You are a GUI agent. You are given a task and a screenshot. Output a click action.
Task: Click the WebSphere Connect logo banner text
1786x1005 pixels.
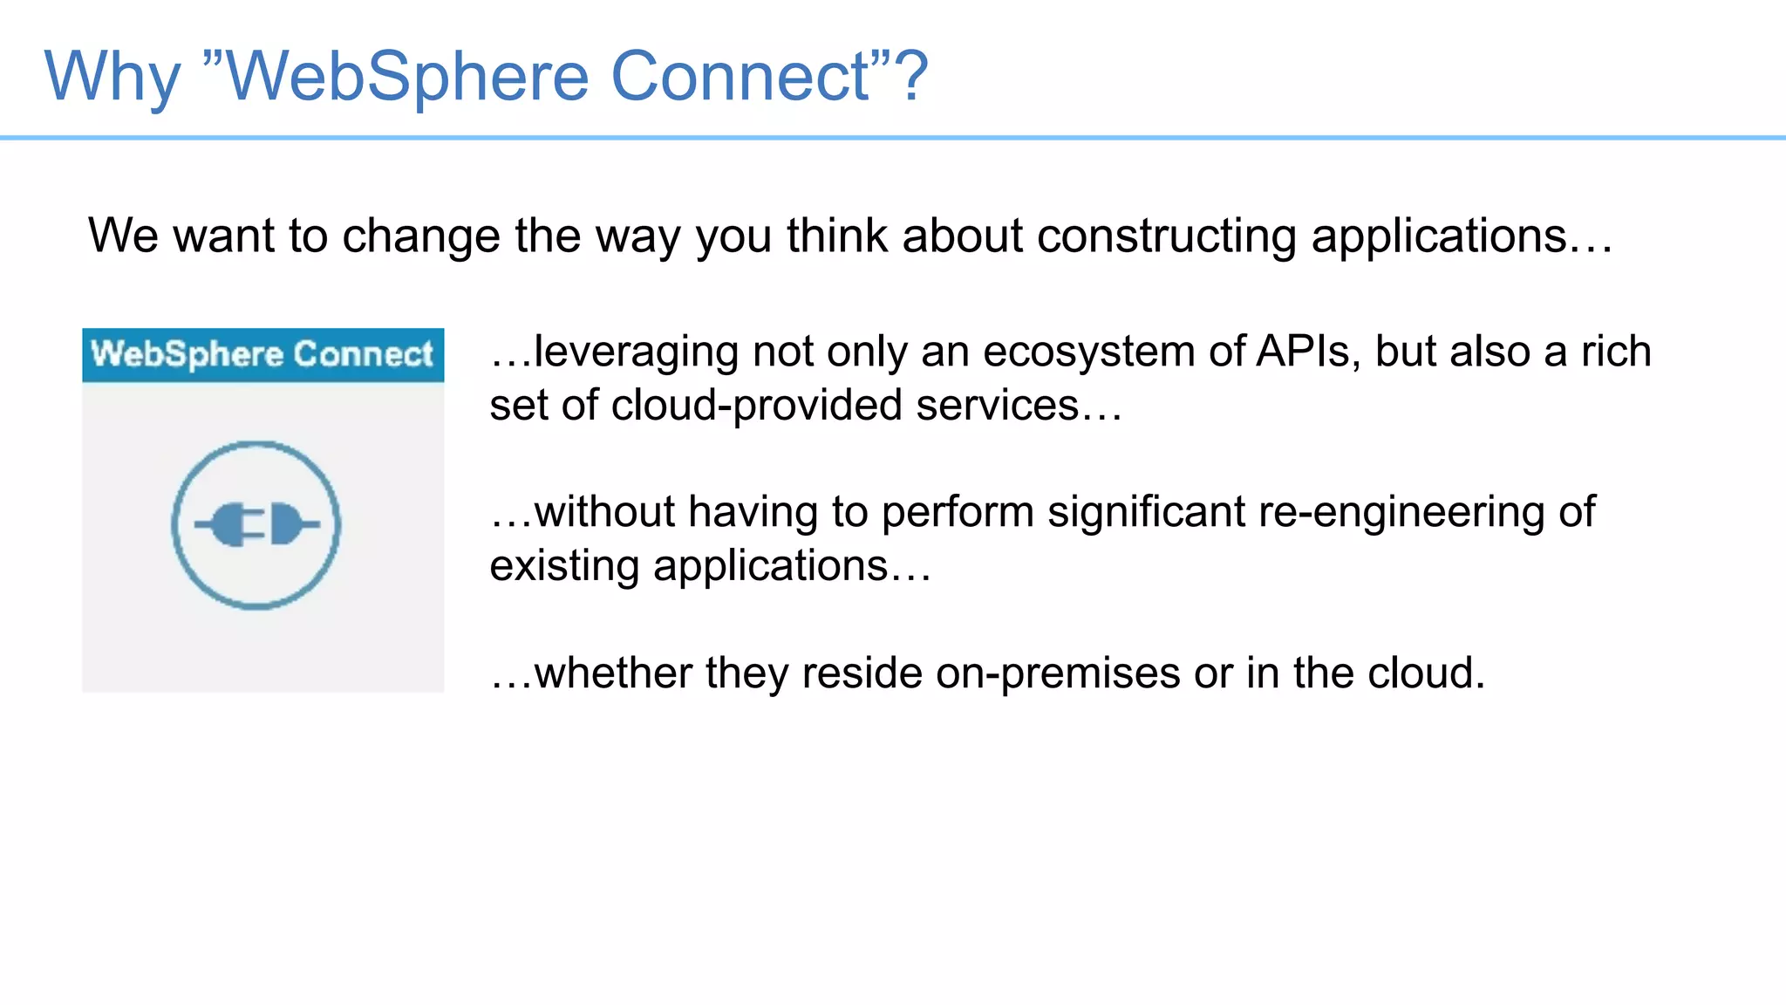262,354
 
